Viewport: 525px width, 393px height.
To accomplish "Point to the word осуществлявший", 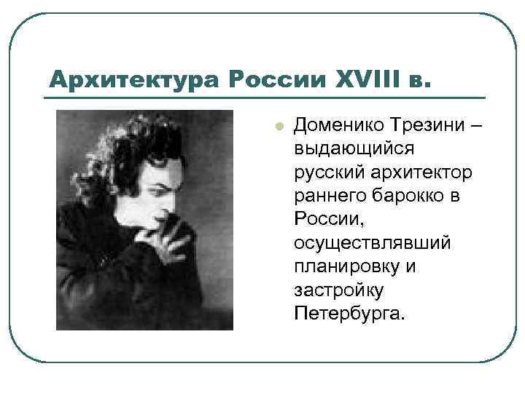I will click(372, 244).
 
